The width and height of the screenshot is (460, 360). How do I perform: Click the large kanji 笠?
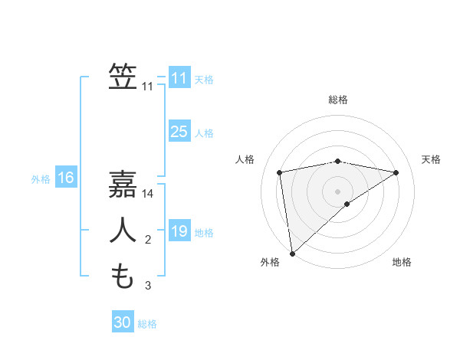[123, 77]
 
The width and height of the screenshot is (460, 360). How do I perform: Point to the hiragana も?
[123, 275]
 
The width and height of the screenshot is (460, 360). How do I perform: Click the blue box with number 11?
[179, 78]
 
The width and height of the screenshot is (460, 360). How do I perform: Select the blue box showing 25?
[179, 132]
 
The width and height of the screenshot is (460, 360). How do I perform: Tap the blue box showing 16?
[66, 178]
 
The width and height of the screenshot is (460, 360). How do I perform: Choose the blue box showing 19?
[179, 231]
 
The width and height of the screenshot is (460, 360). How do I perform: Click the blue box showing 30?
[123, 322]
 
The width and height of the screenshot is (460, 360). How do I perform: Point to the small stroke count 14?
[148, 194]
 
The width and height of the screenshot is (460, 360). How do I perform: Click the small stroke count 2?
[148, 241]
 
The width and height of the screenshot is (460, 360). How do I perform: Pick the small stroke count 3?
[148, 286]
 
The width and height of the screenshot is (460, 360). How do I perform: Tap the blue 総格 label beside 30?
[147, 324]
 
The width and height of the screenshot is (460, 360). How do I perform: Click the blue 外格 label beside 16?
[41, 179]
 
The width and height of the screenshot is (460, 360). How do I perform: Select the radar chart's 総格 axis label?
[338, 100]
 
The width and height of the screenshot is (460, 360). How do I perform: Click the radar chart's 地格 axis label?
[402, 262]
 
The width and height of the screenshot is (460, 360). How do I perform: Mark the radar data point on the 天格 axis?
[396, 172]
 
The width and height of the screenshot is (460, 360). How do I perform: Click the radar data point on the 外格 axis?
[291, 253]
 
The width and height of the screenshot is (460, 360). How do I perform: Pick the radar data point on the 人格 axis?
[280, 172]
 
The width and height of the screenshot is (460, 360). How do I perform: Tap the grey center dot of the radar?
[338, 191]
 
